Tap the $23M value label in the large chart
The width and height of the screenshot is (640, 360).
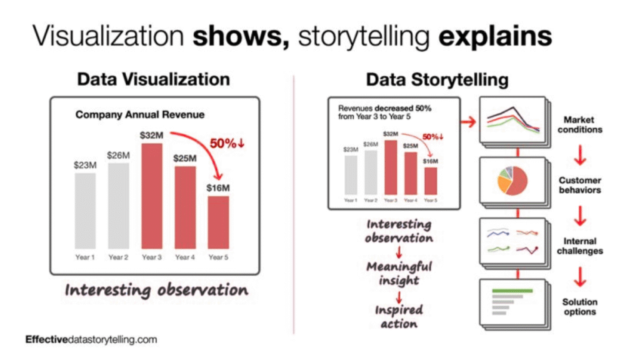tap(85, 165)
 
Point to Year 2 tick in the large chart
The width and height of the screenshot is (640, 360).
tap(118, 257)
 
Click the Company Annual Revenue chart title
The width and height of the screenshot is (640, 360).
tap(140, 115)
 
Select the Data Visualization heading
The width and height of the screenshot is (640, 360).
tap(153, 79)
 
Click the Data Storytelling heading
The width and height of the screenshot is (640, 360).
tap(437, 79)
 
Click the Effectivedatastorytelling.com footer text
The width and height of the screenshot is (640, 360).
tap(91, 339)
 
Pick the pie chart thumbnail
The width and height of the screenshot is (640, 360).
tap(512, 181)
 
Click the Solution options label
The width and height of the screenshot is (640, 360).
tap(579, 306)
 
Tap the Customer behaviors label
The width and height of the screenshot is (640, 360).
tap(579, 185)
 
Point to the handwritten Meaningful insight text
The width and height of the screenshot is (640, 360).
tap(399, 273)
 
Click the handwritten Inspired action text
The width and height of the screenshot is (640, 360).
tap(399, 316)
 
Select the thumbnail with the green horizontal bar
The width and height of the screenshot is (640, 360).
tap(512, 302)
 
